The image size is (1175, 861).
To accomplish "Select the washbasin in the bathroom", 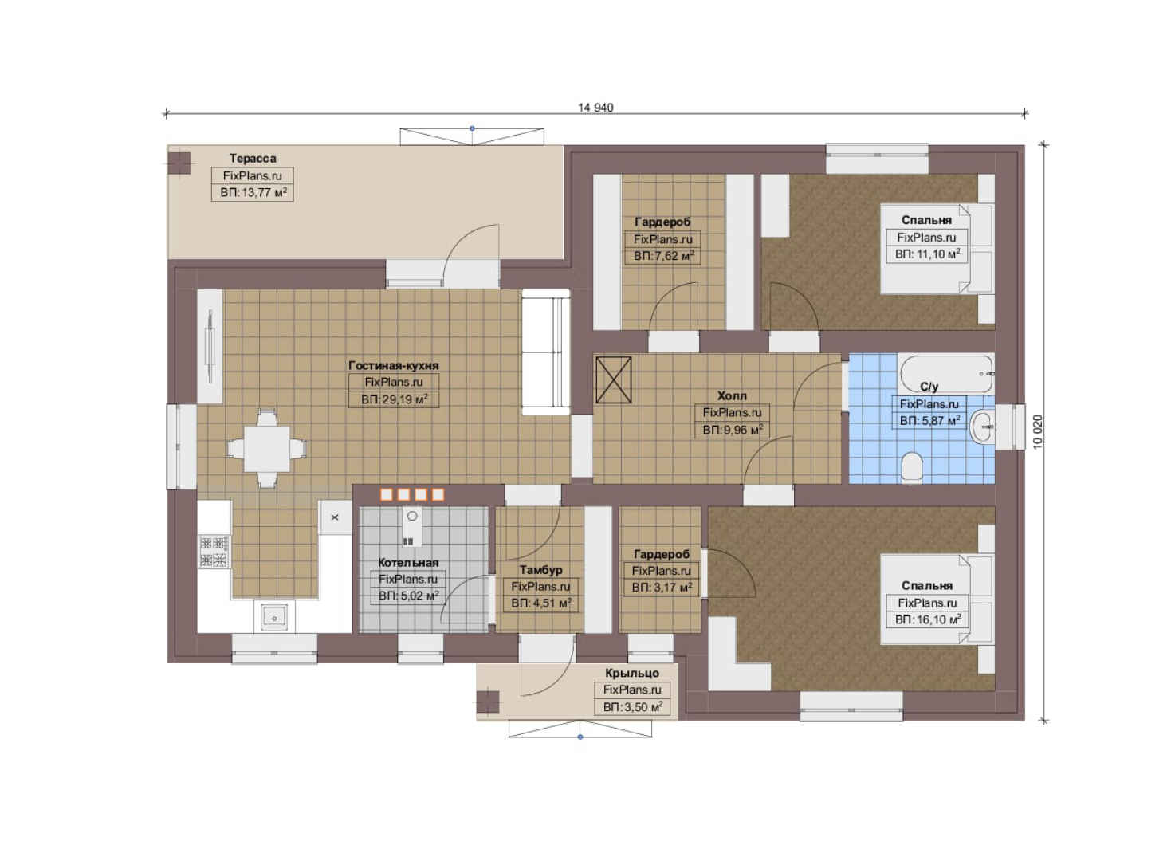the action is click(x=982, y=427).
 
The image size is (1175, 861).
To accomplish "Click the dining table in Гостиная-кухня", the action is click(x=266, y=449).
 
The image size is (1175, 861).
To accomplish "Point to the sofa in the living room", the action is click(x=545, y=352).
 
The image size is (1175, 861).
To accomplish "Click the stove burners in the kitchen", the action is click(x=214, y=552).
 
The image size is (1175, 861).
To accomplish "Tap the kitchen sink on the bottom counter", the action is click(x=274, y=616).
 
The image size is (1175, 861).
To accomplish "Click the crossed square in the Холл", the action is click(x=613, y=379).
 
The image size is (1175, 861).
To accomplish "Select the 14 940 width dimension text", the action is click(x=595, y=108).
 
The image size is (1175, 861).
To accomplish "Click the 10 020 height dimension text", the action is click(x=1038, y=432).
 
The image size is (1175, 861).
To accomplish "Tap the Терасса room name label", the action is click(x=253, y=158).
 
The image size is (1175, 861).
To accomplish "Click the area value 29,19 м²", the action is click(x=394, y=399).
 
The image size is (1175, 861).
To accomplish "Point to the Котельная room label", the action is click(x=407, y=563).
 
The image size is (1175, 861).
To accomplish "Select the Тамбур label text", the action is click(x=540, y=570).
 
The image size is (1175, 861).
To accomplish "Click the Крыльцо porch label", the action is click(x=631, y=673).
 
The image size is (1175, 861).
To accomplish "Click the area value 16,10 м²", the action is click(x=927, y=619).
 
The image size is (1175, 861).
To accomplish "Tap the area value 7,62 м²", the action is click(x=663, y=256).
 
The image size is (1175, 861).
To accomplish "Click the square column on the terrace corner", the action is click(x=179, y=163).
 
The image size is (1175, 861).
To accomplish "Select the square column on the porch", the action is click(x=488, y=702).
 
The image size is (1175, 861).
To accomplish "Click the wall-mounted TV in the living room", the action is click(x=210, y=346).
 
